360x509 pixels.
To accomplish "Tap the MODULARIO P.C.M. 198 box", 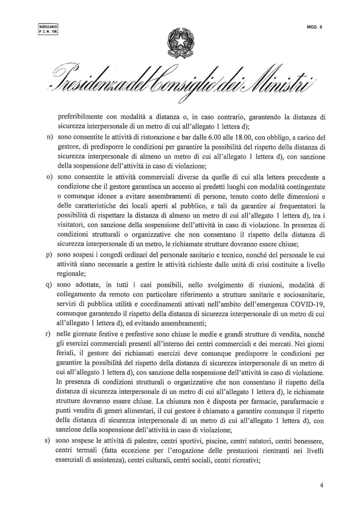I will (x=48, y=29).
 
